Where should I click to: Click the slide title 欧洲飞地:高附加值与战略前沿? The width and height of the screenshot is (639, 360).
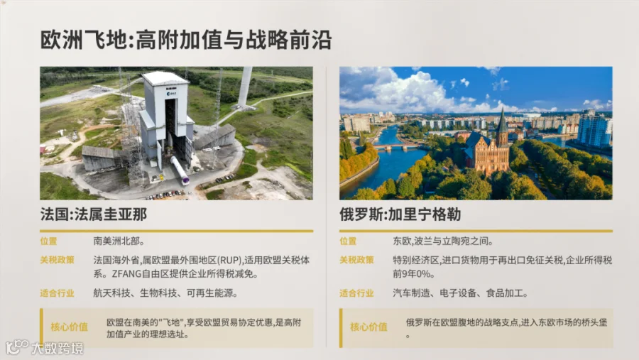[x=186, y=40]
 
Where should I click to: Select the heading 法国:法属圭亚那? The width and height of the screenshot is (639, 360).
[x=93, y=214]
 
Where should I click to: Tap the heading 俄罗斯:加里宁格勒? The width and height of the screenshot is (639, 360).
[x=400, y=214]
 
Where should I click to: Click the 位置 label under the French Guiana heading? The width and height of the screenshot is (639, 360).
[x=48, y=241]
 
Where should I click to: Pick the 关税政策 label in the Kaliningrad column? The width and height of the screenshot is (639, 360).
[x=356, y=260]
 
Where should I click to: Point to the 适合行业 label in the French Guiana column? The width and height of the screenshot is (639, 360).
[x=57, y=293]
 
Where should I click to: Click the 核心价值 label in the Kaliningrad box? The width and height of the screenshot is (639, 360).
[x=368, y=327]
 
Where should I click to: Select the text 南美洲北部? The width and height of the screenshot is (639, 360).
[x=119, y=241]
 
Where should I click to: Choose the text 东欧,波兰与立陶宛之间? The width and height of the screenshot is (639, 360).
[x=442, y=241]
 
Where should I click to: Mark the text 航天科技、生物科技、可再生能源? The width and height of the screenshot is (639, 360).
[x=165, y=293]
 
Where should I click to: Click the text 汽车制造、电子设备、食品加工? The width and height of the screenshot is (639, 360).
[x=460, y=293]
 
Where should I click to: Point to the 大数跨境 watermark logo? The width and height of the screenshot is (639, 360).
[x=45, y=347]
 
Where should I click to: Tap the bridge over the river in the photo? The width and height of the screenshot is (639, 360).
[x=396, y=147]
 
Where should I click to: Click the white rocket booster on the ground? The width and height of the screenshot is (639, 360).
[x=180, y=170]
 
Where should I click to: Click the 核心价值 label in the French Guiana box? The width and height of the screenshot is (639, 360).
[x=70, y=327]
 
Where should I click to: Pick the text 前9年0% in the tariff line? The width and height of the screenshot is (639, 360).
[x=411, y=273]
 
